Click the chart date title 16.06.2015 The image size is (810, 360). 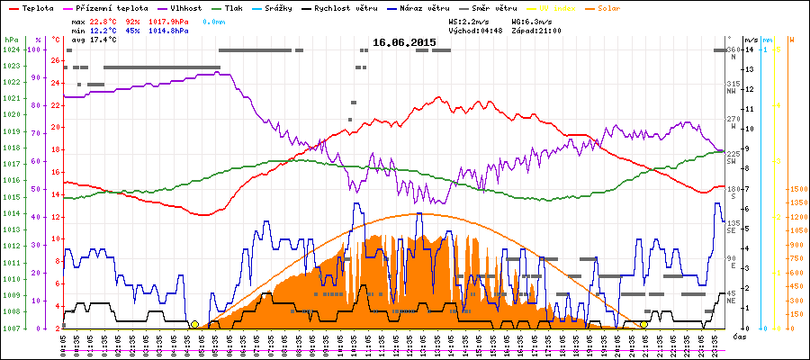tap(404, 42)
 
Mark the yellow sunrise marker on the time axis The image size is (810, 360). tap(194, 324)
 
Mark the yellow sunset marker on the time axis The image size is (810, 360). tap(643, 324)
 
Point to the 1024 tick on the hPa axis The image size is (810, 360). tap(11, 49)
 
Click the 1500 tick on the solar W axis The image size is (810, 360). tap(796, 190)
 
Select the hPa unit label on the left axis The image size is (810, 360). tap(10, 40)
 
